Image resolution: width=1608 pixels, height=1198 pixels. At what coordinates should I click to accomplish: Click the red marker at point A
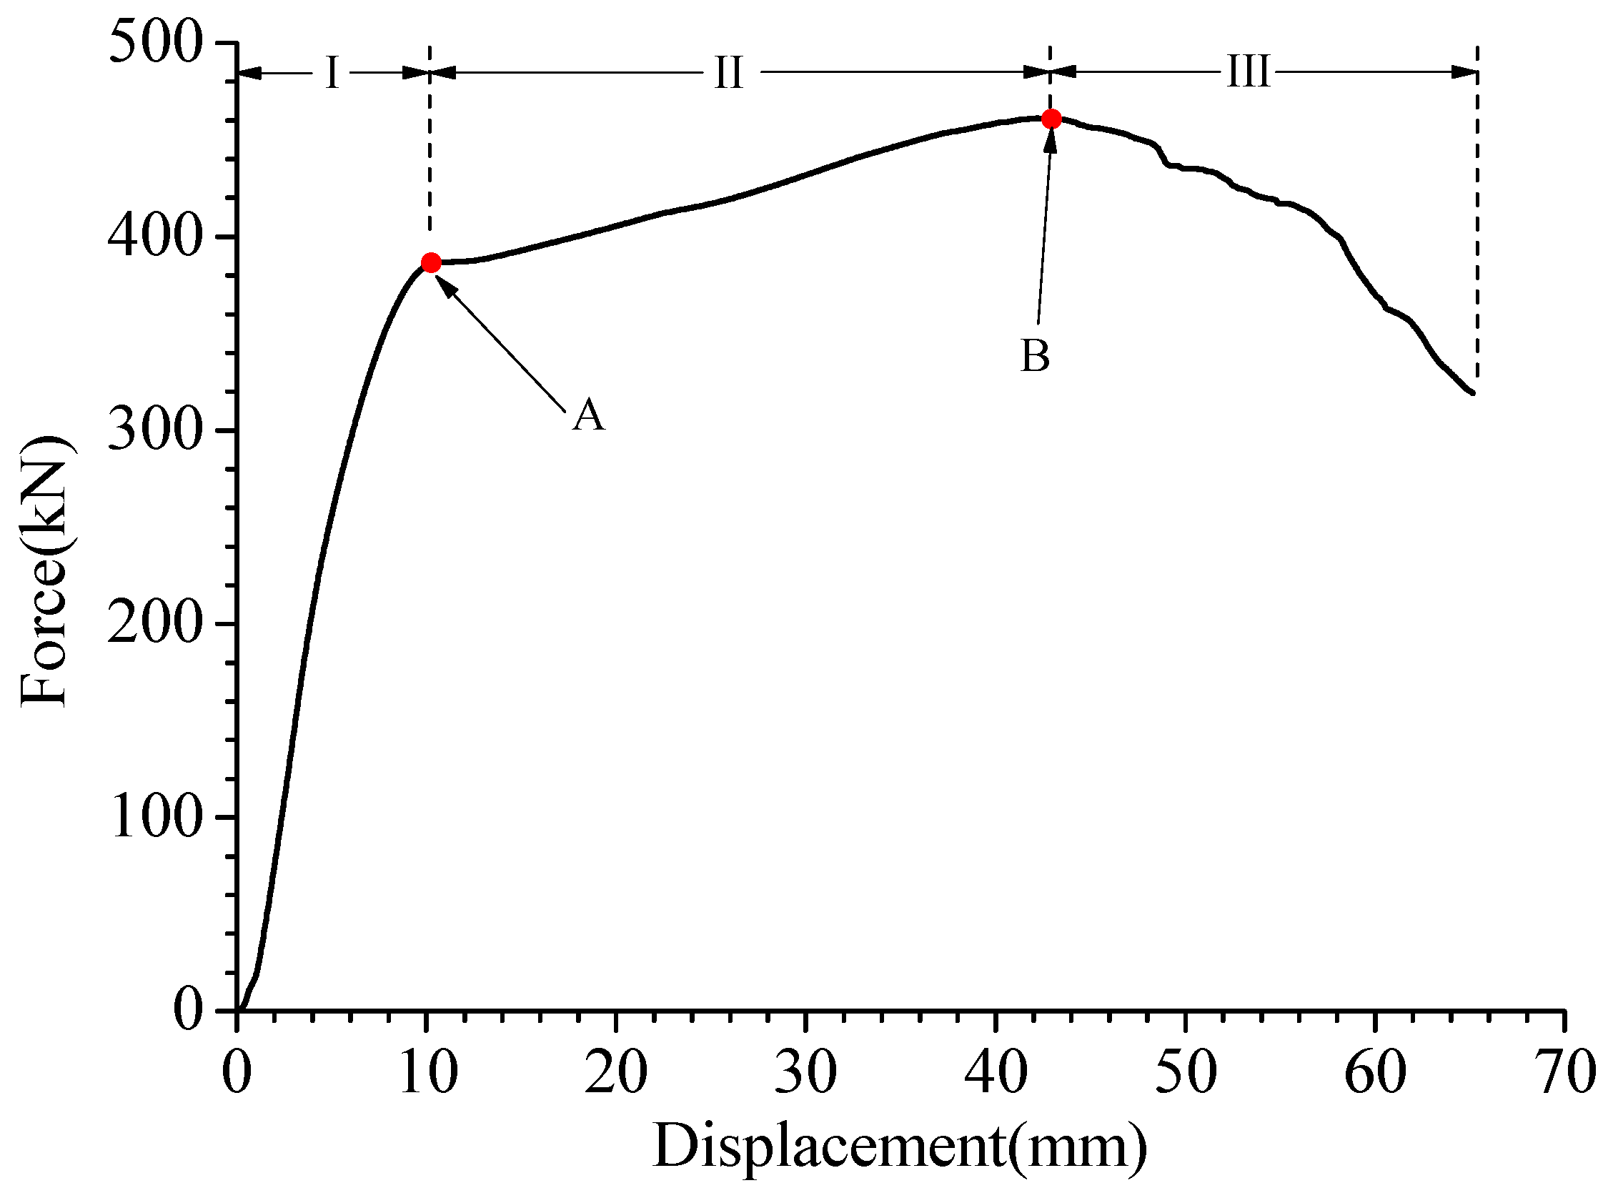(431, 262)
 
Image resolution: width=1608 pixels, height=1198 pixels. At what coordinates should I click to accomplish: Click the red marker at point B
(1051, 119)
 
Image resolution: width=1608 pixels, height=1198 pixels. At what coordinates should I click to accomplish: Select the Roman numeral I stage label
(332, 73)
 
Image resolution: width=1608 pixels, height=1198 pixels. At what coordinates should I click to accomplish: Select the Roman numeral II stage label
(728, 73)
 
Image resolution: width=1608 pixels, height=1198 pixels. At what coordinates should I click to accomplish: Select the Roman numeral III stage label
(1248, 73)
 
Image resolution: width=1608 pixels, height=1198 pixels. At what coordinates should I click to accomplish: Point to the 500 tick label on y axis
(154, 44)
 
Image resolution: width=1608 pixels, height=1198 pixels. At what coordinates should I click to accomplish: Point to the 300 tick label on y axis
(154, 431)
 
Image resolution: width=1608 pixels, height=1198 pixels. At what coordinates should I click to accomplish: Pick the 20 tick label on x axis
(616, 1071)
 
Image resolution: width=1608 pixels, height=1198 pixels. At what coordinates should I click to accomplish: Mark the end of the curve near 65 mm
(1472, 392)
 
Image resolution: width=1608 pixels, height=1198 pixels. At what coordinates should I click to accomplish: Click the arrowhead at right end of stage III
(1466, 71)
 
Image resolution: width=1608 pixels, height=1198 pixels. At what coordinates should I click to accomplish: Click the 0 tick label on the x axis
(237, 1071)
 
